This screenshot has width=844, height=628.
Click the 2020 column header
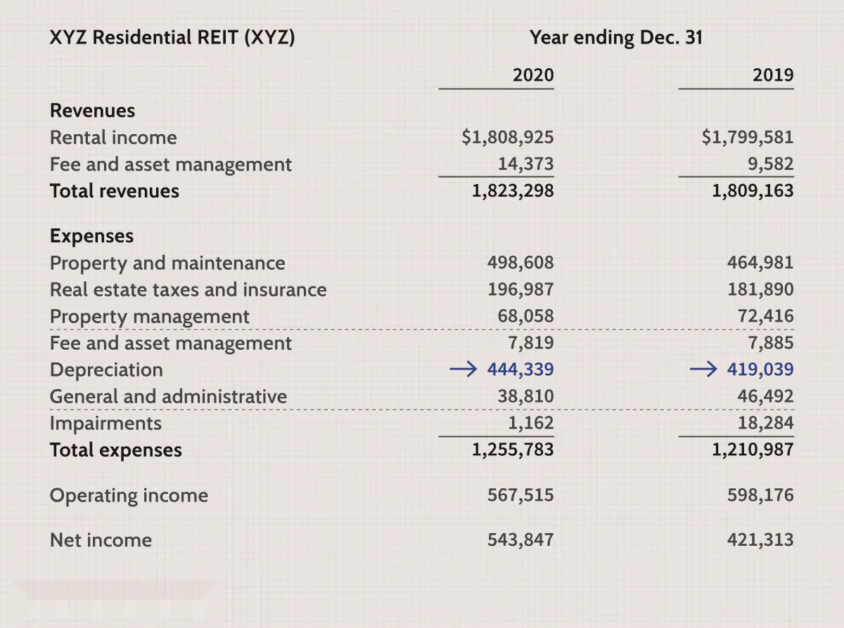(x=533, y=75)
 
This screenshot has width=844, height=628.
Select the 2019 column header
(x=773, y=75)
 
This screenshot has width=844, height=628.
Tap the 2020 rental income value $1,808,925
(x=508, y=137)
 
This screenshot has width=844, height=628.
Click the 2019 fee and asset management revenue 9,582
(x=771, y=164)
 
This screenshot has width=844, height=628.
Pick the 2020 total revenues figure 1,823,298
(x=513, y=191)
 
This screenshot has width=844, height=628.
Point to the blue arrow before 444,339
(x=463, y=369)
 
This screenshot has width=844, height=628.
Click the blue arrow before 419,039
(x=703, y=369)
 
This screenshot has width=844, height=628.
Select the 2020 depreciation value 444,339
(x=520, y=369)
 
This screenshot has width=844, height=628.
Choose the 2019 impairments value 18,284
(x=766, y=423)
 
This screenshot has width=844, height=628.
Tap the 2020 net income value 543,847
(x=520, y=539)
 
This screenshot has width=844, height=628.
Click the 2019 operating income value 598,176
(x=760, y=495)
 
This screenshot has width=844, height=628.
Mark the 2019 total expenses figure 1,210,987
(x=753, y=450)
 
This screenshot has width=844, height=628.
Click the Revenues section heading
(x=92, y=110)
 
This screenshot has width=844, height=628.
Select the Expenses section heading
(x=91, y=237)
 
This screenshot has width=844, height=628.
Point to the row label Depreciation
(x=106, y=370)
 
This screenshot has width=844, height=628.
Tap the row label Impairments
(x=105, y=424)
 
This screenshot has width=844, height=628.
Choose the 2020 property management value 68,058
(x=525, y=316)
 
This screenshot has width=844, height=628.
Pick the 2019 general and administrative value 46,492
(x=766, y=396)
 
